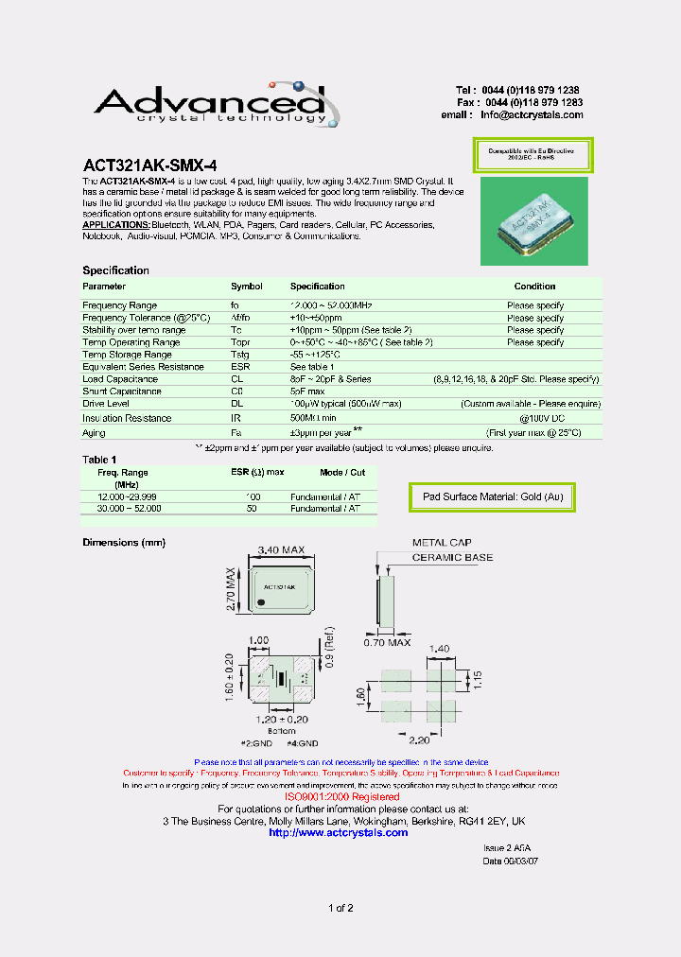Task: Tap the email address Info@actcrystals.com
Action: pyautogui.click(x=532, y=114)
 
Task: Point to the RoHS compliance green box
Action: pyautogui.click(x=532, y=154)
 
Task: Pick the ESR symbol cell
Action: pyautogui.click(x=241, y=367)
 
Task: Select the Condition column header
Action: pyautogui.click(x=534, y=286)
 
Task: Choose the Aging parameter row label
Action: pyautogui.click(x=96, y=432)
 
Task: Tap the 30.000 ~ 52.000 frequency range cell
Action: pyautogui.click(x=129, y=508)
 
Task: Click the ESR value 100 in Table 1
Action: pyautogui.click(x=253, y=496)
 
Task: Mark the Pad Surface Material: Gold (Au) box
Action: pyautogui.click(x=492, y=496)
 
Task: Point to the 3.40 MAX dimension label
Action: pyautogui.click(x=282, y=549)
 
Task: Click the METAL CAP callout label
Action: pyautogui.click(x=441, y=543)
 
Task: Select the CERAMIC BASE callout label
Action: pyautogui.click(x=451, y=558)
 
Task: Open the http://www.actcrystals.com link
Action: pyautogui.click(x=339, y=832)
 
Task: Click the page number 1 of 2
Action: pyautogui.click(x=340, y=909)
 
